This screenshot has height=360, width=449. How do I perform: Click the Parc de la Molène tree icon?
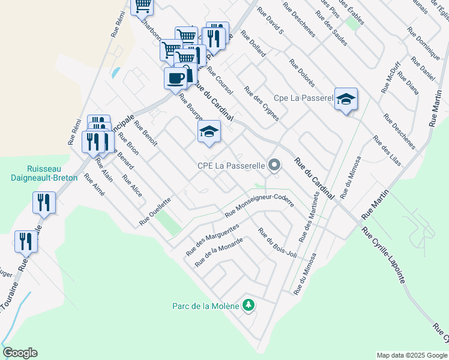pyautogui.click(x=249, y=305)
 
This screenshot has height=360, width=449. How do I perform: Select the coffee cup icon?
pyautogui.click(x=175, y=79)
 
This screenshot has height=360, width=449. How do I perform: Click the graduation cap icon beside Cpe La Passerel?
pyautogui.click(x=346, y=99)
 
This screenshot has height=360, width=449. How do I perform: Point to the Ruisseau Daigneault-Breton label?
pyautogui.click(x=52, y=173)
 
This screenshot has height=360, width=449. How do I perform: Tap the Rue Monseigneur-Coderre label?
pyautogui.click(x=259, y=205)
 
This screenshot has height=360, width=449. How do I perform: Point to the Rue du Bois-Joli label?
pyautogui.click(x=278, y=244)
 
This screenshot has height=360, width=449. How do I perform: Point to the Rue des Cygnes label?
pyautogui.click(x=261, y=103)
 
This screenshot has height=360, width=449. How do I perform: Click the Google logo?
pyautogui.click(x=20, y=353)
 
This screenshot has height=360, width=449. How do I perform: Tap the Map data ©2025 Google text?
pyautogui.click(x=411, y=355)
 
